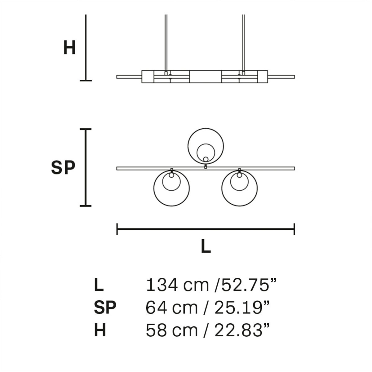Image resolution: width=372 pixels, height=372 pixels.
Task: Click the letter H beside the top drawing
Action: coord(69,48)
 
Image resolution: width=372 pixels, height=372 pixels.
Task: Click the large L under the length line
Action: coord(206,246)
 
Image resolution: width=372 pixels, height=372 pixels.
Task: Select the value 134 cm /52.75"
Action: coord(211,285)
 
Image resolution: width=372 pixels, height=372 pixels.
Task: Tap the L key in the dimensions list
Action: coord(99,285)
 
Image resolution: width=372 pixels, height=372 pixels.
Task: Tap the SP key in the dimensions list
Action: coord(105,308)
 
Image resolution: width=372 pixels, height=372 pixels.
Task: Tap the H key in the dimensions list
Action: coord(100,330)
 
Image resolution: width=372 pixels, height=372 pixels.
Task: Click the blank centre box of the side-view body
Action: coord(205,77)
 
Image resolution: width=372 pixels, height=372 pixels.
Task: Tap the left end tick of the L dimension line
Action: coord(117,229)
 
